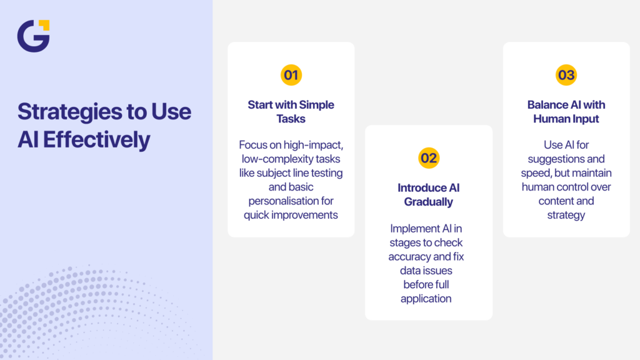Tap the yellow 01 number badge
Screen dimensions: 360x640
tap(291, 76)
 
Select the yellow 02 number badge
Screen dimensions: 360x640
tap(429, 158)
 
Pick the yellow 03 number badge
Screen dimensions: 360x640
tap(566, 76)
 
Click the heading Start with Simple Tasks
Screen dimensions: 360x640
tap(291, 111)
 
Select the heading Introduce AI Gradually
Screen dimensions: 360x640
tap(429, 194)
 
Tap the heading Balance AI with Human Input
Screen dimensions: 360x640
tap(566, 111)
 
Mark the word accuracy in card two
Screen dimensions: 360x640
tap(409, 256)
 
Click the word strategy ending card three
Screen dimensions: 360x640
tap(566, 215)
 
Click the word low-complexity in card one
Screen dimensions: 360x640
tap(272, 159)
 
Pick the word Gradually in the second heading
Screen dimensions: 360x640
tap(429, 201)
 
